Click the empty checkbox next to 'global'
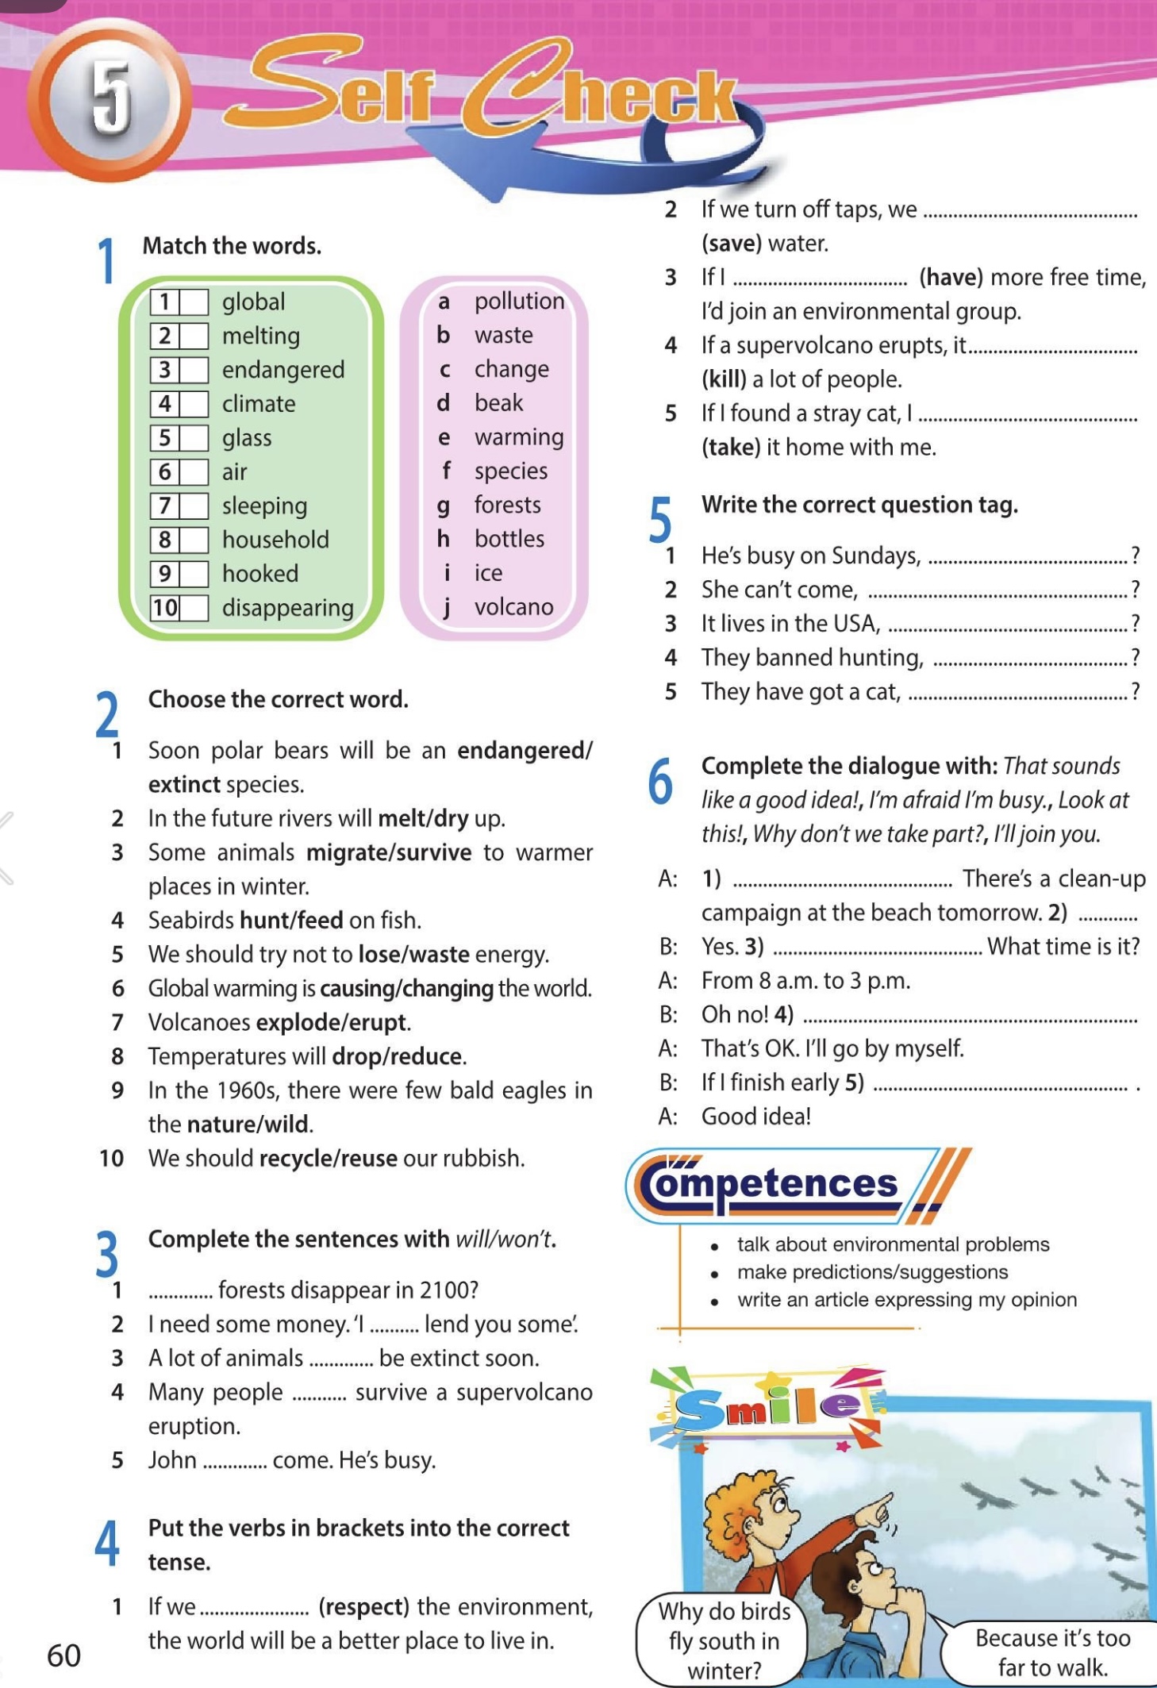[194, 302]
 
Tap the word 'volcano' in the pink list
[513, 607]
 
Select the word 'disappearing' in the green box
[287, 608]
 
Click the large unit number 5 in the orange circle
[110, 100]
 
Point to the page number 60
[63, 1655]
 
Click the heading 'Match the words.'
[232, 246]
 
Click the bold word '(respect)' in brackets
[363, 1607]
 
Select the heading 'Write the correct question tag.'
[859, 505]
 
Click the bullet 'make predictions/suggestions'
[872, 1272]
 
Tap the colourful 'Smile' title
[767, 1408]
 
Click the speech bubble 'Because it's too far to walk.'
[1052, 1652]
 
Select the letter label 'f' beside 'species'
[446, 471]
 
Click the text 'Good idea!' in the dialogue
[755, 1117]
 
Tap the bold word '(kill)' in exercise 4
[724, 379]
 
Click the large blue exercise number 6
[660, 781]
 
